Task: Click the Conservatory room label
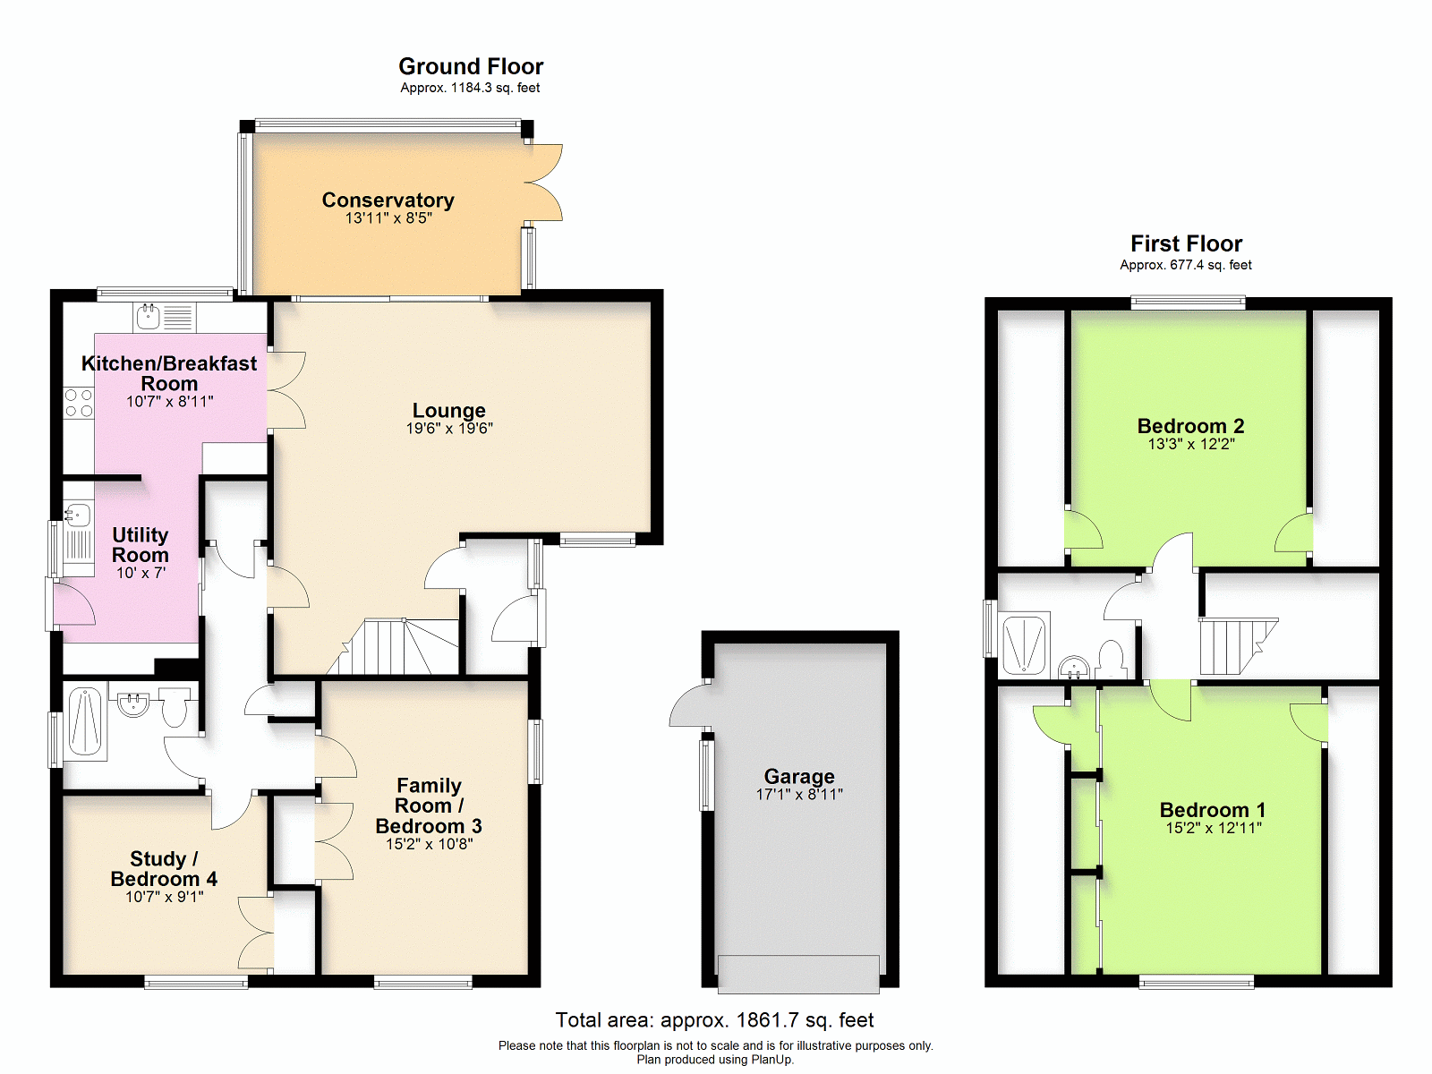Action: pyautogui.click(x=388, y=200)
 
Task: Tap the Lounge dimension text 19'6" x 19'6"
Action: pyautogui.click(x=449, y=429)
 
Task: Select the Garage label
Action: pyautogui.click(x=799, y=776)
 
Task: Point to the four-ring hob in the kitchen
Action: pyautogui.click(x=79, y=403)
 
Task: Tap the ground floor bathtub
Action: pyautogui.click(x=85, y=721)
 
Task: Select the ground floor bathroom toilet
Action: pyautogui.click(x=175, y=707)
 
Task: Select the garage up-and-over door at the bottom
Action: pyautogui.click(x=798, y=975)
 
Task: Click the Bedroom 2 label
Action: pyautogui.click(x=1190, y=426)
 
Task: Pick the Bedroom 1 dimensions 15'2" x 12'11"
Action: pyautogui.click(x=1214, y=828)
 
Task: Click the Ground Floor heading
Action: pyautogui.click(x=471, y=66)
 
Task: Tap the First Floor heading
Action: pyautogui.click(x=1186, y=243)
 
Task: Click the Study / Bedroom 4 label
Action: pyautogui.click(x=164, y=868)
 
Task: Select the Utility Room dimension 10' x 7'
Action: pyautogui.click(x=141, y=573)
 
